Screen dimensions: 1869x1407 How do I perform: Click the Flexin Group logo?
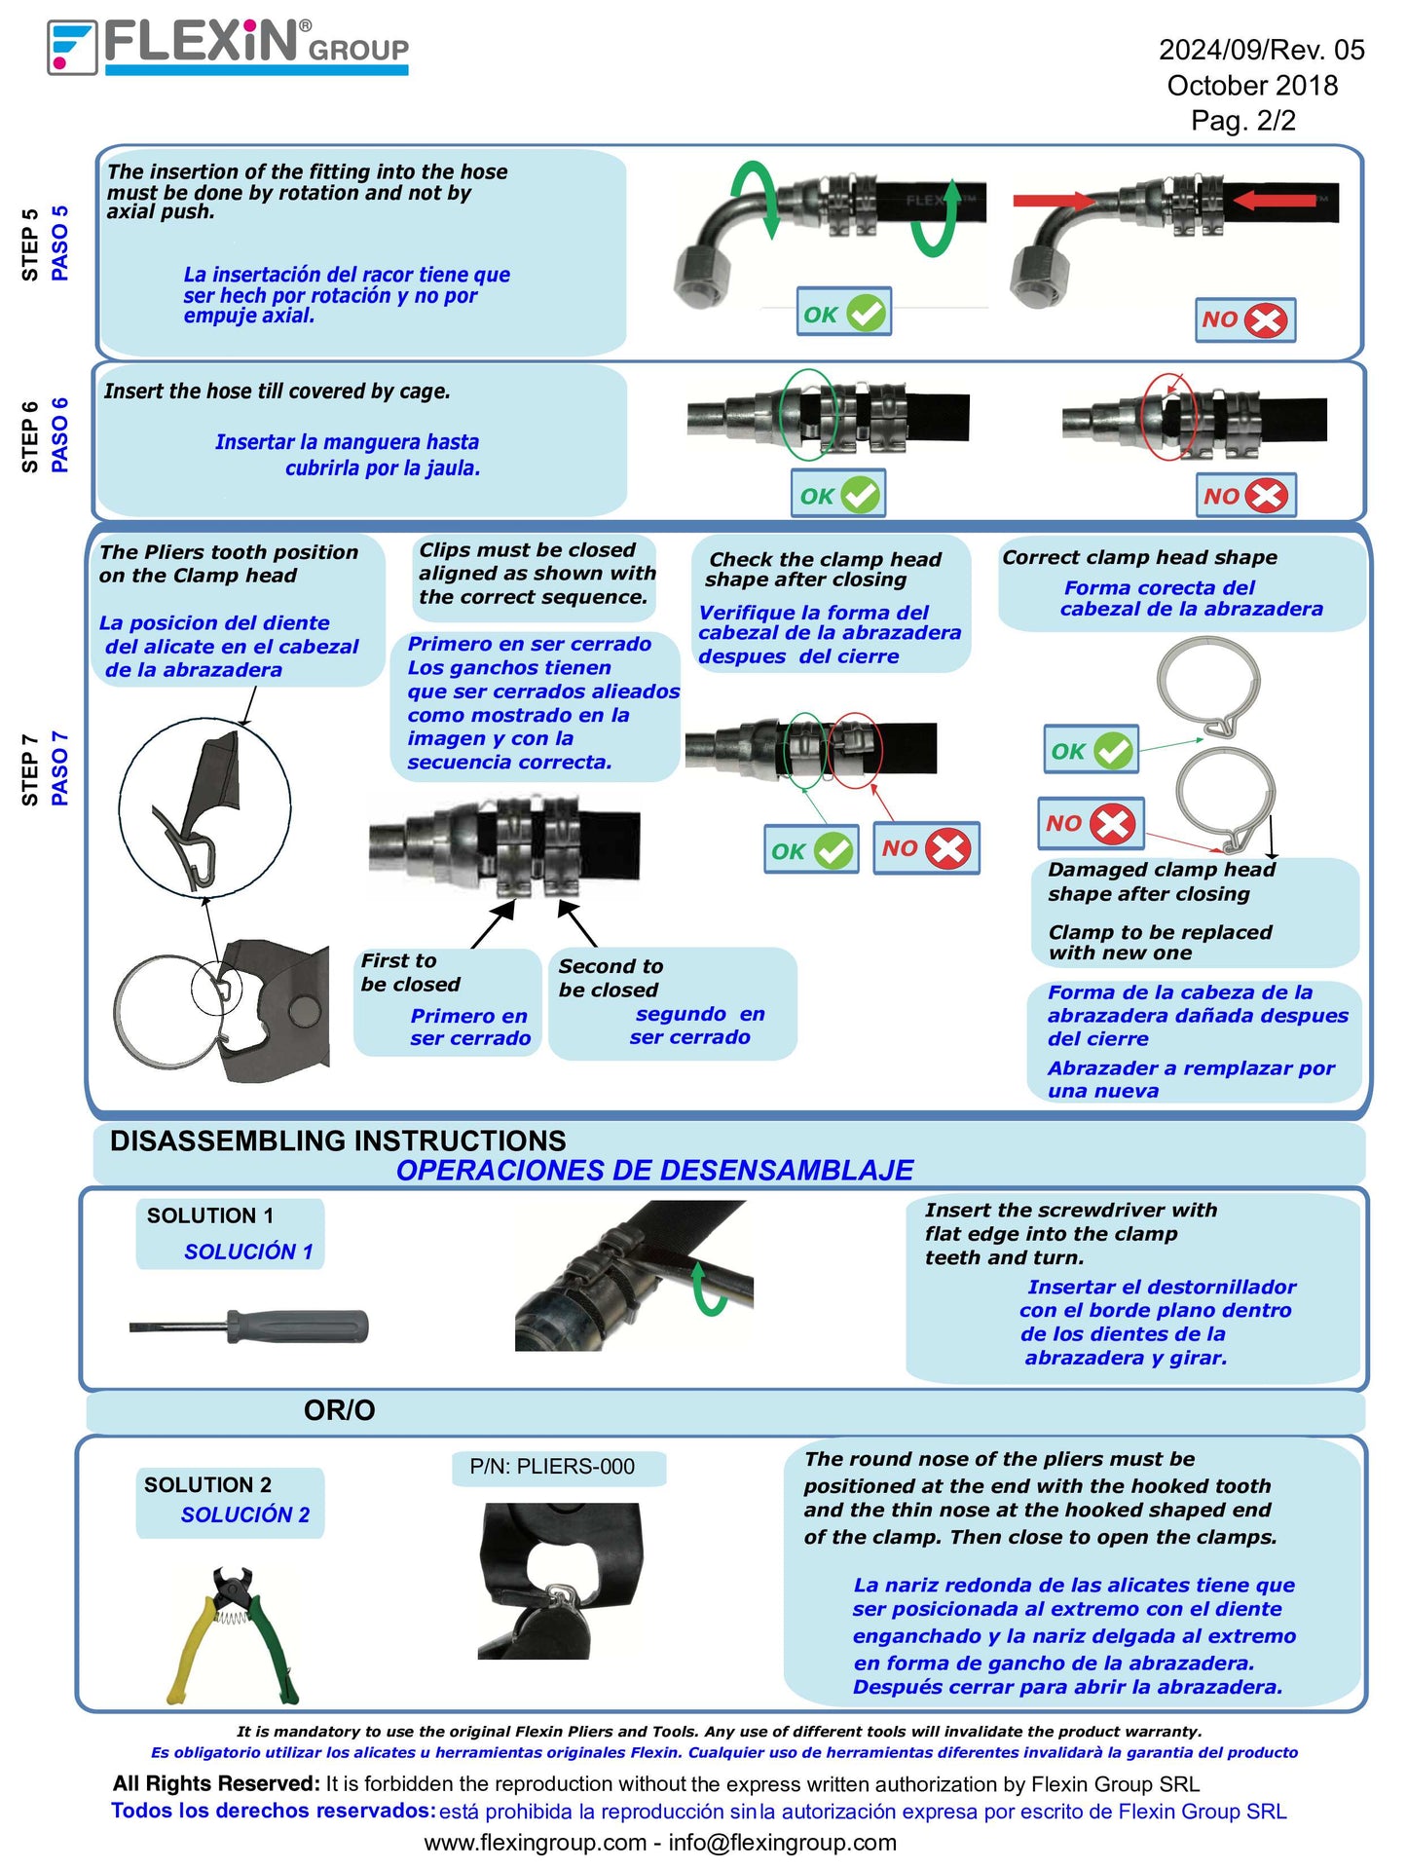228,47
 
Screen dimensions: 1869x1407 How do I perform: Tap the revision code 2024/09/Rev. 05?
1261,50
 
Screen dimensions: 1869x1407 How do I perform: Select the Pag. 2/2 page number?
1243,121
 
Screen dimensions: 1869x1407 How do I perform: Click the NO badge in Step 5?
1244,319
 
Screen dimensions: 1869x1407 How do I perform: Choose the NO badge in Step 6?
1244,496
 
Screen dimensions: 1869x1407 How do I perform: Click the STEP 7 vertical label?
30,769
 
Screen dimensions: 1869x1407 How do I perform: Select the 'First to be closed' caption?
410,972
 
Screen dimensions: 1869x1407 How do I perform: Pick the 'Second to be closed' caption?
610,978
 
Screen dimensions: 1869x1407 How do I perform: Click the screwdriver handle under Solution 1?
297,1326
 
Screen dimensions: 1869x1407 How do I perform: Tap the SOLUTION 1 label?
210,1215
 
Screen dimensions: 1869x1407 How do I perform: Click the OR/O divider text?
339,1409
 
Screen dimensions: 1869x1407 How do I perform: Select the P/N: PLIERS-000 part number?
552,1467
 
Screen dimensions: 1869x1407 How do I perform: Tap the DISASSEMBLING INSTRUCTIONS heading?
338,1140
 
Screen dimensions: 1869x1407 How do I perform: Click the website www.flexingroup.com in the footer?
535,1842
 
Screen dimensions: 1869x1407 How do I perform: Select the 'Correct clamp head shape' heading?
1139,557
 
